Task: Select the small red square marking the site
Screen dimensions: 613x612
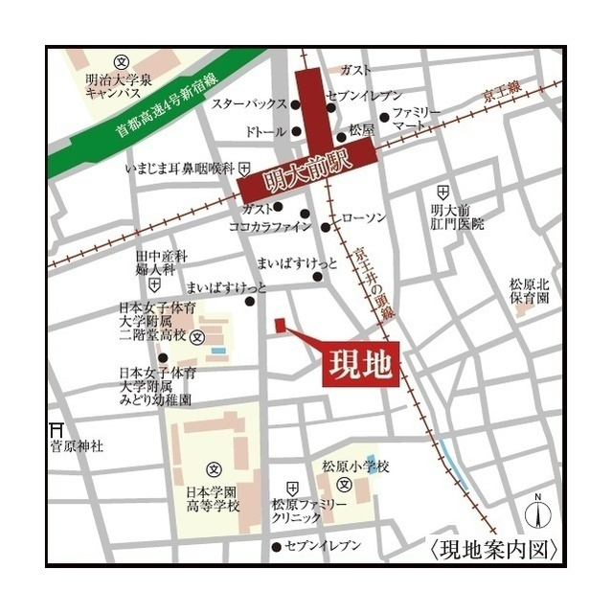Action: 281,326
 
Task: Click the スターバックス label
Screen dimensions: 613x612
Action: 249,103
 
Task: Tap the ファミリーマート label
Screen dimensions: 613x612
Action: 415,118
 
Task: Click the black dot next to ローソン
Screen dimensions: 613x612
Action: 327,228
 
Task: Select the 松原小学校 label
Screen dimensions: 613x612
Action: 355,466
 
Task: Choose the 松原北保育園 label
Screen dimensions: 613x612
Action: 529,291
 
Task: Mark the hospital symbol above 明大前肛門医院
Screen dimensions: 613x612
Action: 442,192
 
